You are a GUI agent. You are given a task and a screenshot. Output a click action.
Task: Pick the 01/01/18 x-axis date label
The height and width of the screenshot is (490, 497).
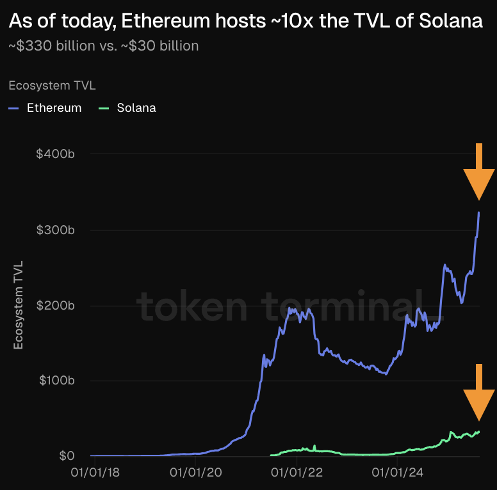pyautogui.click(x=95, y=474)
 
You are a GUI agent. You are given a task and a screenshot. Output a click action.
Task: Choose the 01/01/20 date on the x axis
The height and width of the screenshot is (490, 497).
pyautogui.click(x=196, y=474)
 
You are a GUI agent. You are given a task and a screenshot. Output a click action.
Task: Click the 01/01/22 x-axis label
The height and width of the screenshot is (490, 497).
pyautogui.click(x=297, y=474)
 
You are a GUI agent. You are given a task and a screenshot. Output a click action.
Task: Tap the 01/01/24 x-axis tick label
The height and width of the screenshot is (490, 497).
pyautogui.click(x=398, y=474)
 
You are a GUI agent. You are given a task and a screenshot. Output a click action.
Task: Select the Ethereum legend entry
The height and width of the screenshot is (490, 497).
pyautogui.click(x=54, y=108)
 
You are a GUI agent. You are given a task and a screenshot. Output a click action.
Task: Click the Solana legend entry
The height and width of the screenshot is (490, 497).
pyautogui.click(x=136, y=108)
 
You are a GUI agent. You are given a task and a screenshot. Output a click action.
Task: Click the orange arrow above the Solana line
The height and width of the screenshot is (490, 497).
pyautogui.click(x=478, y=393)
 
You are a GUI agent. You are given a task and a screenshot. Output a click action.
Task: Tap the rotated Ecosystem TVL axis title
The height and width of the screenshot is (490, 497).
pyautogui.click(x=19, y=304)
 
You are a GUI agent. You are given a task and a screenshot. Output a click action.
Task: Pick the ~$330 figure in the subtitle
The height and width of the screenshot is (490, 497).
pyautogui.click(x=28, y=46)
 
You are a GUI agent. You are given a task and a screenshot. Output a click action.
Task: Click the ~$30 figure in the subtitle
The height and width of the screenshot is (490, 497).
pyautogui.click(x=137, y=46)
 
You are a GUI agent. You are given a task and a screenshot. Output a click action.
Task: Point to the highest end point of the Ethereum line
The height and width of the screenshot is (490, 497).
pyautogui.click(x=479, y=212)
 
